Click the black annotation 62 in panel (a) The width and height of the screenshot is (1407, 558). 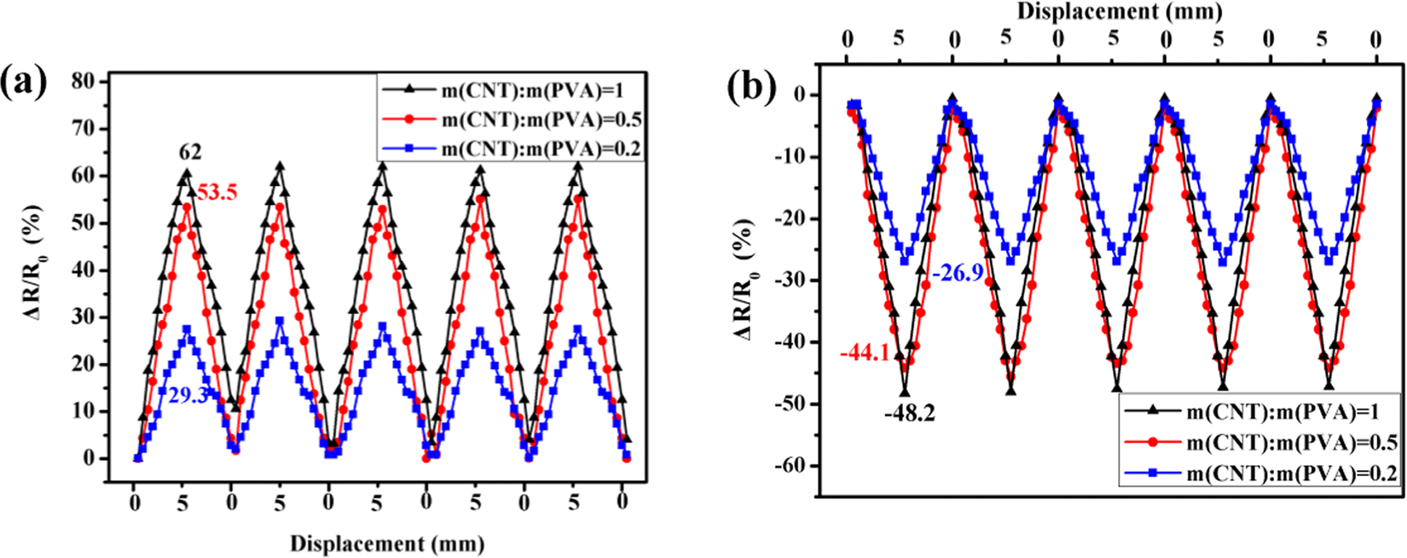click(190, 153)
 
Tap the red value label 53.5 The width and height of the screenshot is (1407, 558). click(217, 193)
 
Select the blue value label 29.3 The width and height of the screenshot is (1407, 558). click(188, 397)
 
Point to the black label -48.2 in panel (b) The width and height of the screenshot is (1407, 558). click(909, 414)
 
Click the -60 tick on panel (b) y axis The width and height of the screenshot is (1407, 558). click(792, 466)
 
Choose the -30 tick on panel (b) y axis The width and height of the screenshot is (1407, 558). click(792, 281)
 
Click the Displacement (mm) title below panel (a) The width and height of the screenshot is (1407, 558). click(387, 543)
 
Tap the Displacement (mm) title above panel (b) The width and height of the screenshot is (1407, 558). click(1119, 11)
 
